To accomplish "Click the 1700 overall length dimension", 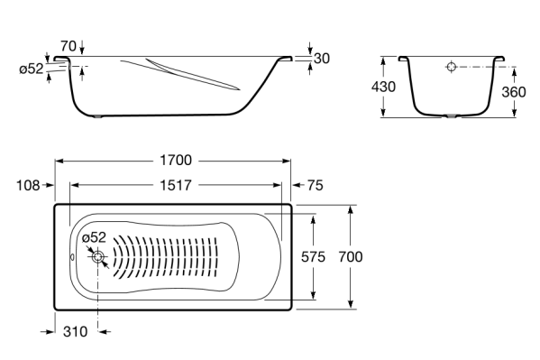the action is point(176,161).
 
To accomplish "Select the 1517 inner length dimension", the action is point(176,186).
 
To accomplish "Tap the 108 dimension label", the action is point(28,186).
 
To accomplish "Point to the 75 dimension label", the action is point(316,186).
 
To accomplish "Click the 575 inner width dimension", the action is point(313,257).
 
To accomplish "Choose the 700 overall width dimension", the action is point(351,257).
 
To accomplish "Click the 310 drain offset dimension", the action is point(76,332).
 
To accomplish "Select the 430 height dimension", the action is point(383,87).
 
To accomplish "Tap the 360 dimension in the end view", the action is point(514,92).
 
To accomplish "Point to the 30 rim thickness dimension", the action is point(322,59).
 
